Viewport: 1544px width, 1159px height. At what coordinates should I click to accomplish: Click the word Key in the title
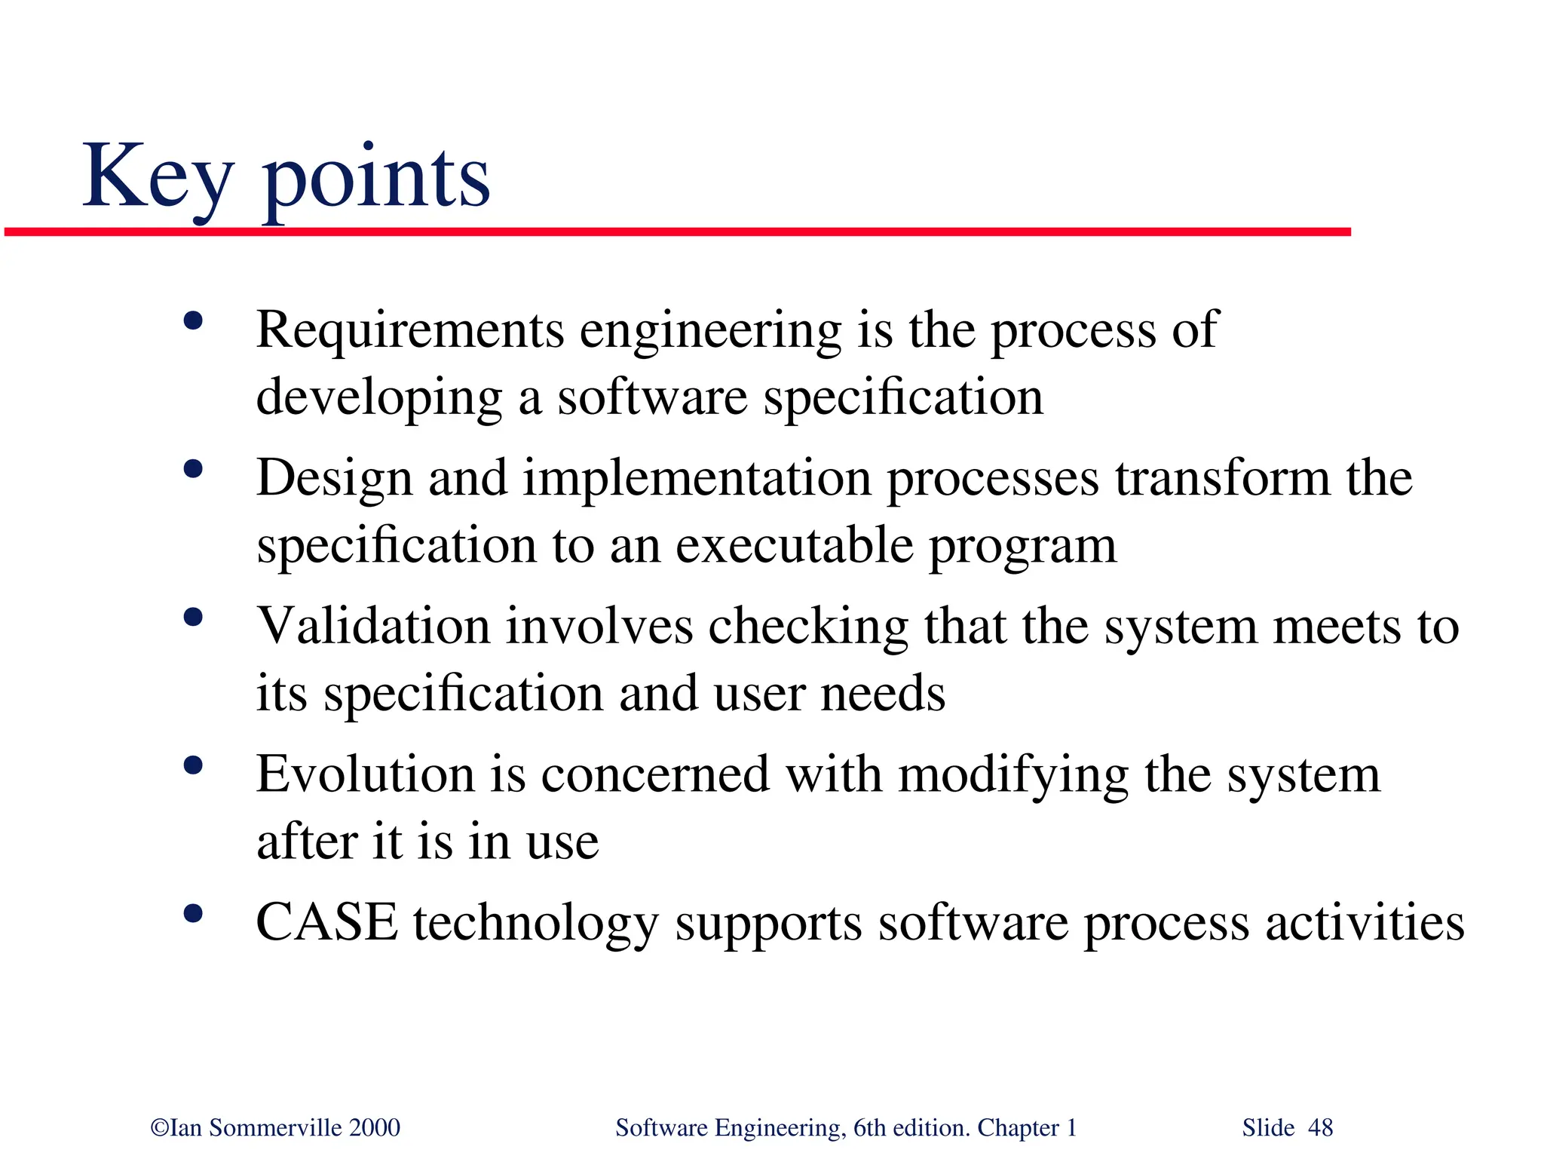pos(157,177)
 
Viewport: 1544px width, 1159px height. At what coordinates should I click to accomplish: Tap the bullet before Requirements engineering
pos(193,321)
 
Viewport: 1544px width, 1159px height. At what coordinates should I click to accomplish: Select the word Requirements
pos(409,330)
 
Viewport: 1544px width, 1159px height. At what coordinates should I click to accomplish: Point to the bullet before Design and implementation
pos(193,469)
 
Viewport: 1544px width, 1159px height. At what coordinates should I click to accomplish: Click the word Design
pos(334,479)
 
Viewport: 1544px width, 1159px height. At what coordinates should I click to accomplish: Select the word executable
pos(794,545)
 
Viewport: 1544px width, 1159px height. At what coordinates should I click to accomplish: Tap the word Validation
pos(372,626)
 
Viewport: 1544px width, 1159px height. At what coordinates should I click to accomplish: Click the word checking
pos(807,627)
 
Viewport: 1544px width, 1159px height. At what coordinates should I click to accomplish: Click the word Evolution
pos(364,774)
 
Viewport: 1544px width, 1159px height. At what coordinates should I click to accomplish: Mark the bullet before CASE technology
pos(193,914)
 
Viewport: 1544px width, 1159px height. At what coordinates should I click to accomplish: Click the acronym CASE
pos(326,922)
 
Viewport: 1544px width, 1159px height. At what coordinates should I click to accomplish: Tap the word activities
pos(1365,922)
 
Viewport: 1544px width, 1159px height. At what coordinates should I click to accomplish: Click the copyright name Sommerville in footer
pos(275,1128)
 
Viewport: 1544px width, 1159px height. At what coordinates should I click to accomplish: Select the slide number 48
pos(1320,1128)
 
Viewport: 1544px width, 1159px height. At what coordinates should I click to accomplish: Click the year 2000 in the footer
pos(375,1128)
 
